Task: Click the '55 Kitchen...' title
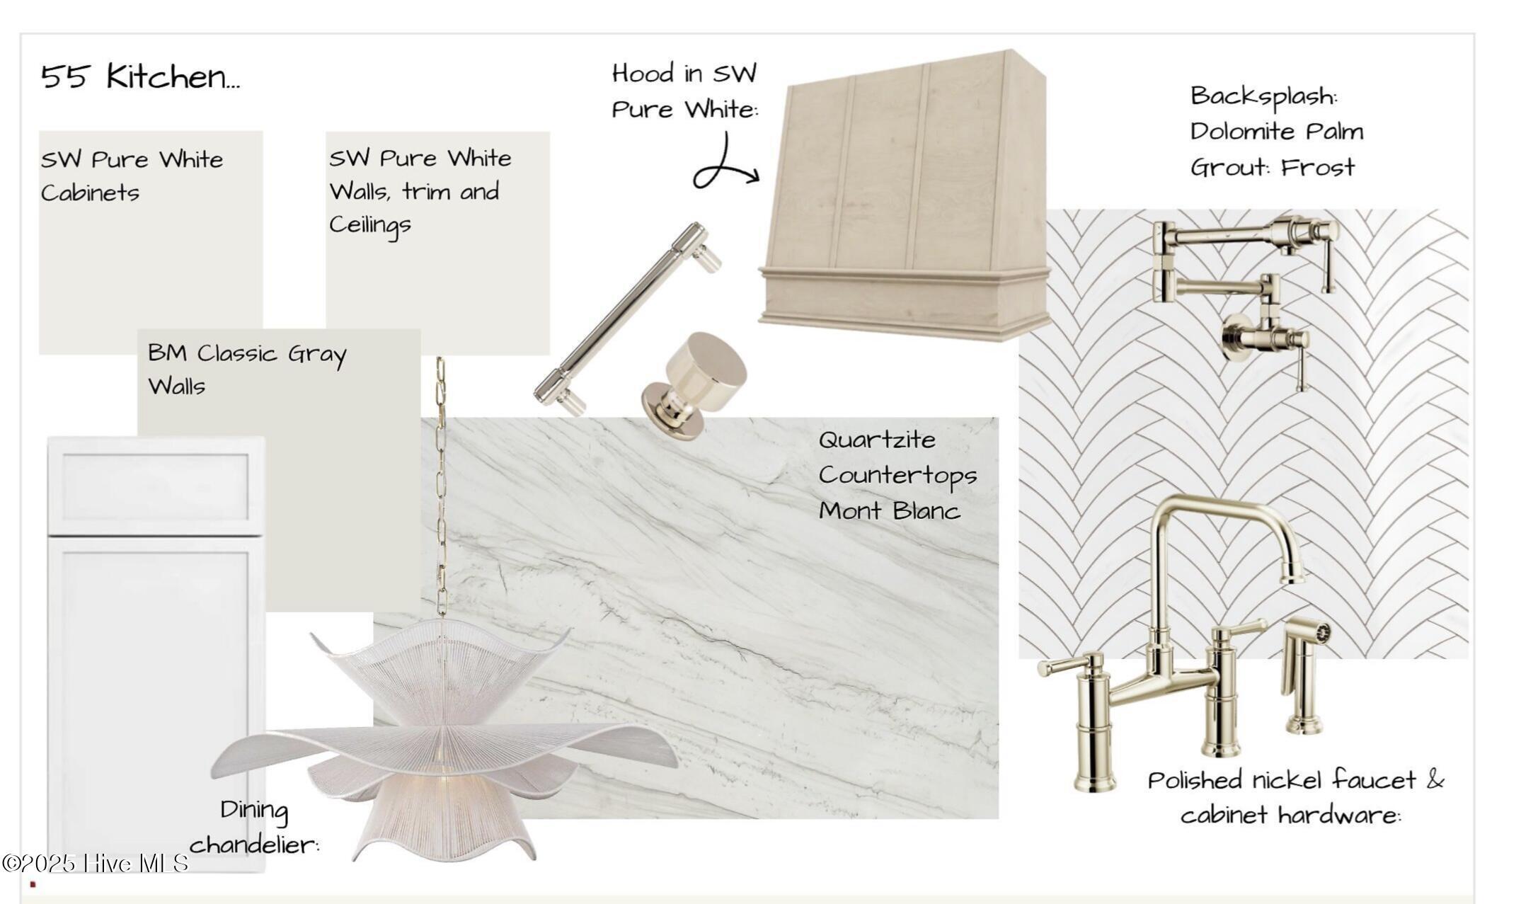click(140, 76)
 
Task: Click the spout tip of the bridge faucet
click(1292, 579)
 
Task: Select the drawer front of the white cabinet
click(156, 486)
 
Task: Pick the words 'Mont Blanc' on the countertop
click(890, 510)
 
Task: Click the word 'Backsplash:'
click(1264, 96)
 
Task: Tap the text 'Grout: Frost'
click(1273, 167)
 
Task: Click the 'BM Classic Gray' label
click(247, 353)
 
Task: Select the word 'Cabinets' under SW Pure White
click(90, 193)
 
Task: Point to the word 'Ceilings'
click(370, 225)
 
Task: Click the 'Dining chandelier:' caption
click(254, 827)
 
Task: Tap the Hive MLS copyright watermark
click(96, 863)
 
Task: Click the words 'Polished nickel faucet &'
click(1295, 780)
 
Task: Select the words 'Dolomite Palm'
click(1277, 132)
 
